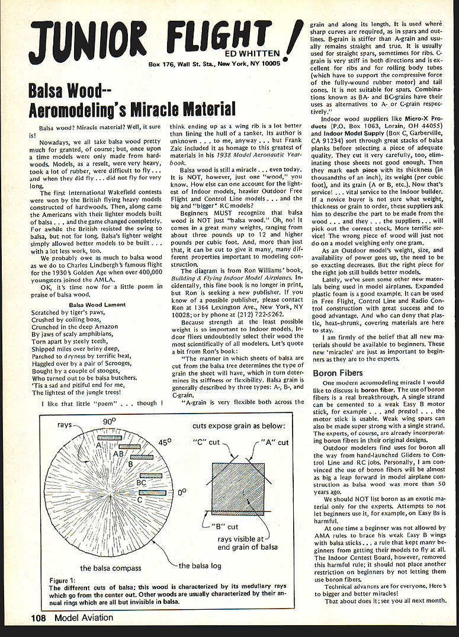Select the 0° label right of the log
pos(181,491)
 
